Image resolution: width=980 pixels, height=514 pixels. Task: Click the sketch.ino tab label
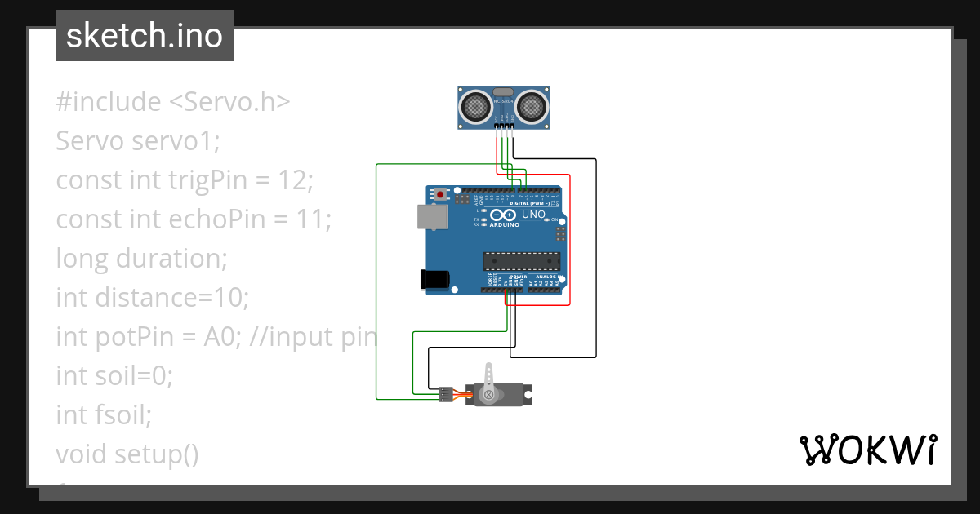pos(144,36)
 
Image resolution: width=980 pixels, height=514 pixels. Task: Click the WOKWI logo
pos(866,450)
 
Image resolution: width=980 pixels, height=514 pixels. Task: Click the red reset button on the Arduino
pos(442,196)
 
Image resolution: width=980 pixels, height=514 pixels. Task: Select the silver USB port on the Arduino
pos(432,216)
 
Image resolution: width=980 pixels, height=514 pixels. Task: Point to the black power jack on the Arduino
pos(434,279)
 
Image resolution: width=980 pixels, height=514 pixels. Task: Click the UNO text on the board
pos(533,215)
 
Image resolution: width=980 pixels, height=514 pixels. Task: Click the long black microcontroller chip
pos(521,261)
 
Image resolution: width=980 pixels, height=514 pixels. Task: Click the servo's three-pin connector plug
pos(446,394)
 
